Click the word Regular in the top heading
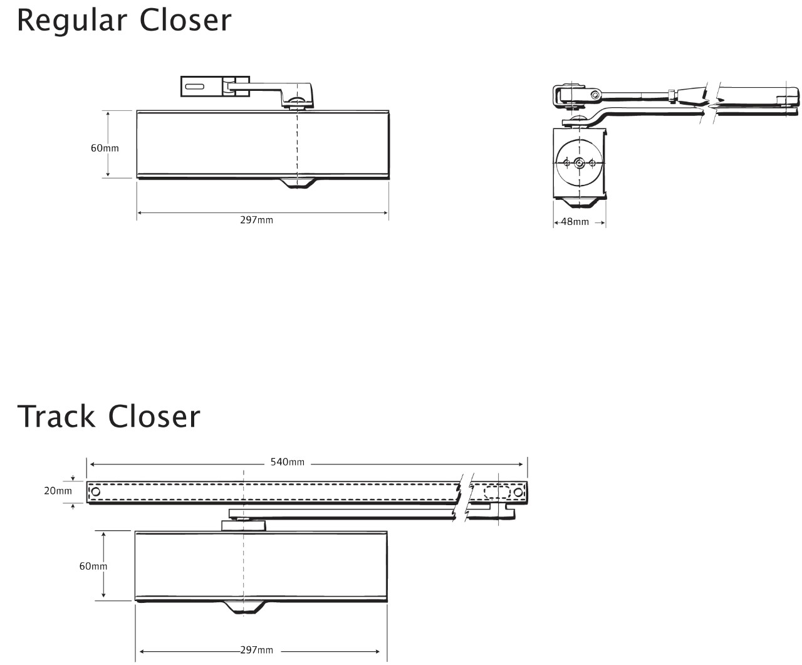coord(72,21)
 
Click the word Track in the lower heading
coord(56,416)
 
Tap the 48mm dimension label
coord(575,222)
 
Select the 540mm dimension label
coord(288,462)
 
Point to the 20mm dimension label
coord(58,491)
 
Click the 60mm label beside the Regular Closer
coord(105,148)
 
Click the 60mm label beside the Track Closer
coord(93,566)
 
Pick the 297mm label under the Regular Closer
coord(257,220)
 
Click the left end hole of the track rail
coord(96,491)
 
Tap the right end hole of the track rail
coord(518,492)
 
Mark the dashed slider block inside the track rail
coord(497,492)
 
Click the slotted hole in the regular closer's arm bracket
coord(195,86)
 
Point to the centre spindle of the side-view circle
coord(579,163)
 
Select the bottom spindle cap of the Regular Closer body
coord(298,183)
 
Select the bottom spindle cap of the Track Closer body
coord(244,608)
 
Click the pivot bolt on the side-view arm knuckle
coord(595,95)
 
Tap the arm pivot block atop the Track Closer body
coord(244,526)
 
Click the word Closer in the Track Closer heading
coord(154,416)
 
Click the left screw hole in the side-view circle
coord(566,163)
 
